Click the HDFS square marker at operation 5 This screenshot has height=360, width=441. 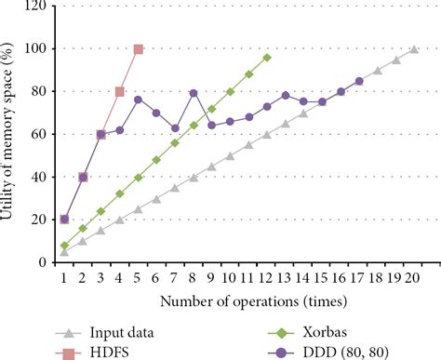click(x=138, y=48)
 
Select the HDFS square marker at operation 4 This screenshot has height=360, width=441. click(x=119, y=91)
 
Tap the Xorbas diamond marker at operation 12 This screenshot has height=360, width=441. click(x=267, y=58)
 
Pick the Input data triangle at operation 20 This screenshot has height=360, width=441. click(x=414, y=49)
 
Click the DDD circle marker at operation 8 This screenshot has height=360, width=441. click(x=194, y=93)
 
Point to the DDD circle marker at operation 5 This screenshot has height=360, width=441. click(x=138, y=100)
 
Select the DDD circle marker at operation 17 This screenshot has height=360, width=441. click(x=359, y=81)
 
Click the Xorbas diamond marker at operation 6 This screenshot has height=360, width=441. click(x=156, y=160)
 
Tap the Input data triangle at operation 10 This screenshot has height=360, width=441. click(x=230, y=156)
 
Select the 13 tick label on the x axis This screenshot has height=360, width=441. click(x=286, y=276)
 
